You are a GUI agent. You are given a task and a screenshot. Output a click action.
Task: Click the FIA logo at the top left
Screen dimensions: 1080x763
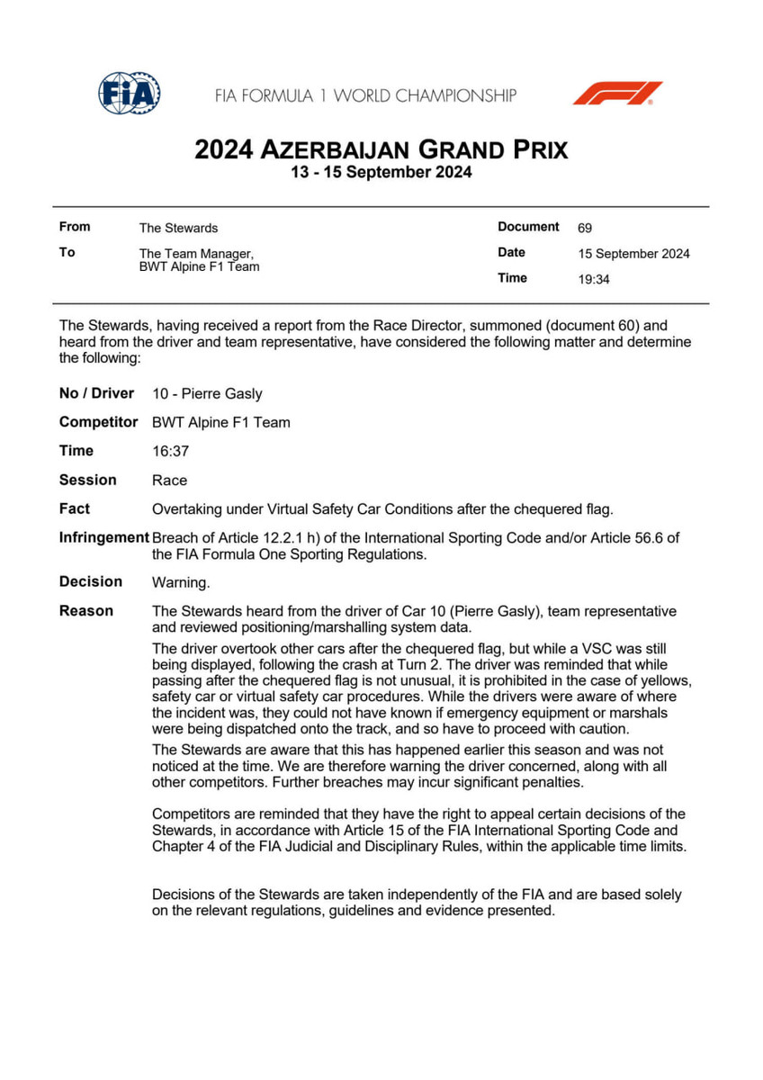click(130, 93)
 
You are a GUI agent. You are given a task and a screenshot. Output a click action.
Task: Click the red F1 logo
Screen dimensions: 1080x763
click(617, 94)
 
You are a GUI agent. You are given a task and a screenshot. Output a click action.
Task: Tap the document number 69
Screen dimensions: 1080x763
click(585, 229)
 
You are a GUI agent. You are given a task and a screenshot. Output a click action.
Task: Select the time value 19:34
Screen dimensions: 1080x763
click(594, 279)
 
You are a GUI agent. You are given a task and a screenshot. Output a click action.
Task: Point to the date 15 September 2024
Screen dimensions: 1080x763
click(633, 254)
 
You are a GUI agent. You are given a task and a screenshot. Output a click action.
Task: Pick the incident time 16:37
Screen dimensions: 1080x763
click(170, 451)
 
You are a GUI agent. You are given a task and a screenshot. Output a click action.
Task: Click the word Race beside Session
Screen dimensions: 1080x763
click(170, 481)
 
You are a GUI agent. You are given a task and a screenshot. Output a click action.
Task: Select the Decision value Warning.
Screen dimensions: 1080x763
click(181, 582)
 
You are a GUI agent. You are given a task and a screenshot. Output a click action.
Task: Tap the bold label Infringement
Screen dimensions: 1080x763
click(103, 537)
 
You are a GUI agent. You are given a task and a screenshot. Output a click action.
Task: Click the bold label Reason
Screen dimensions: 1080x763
click(86, 611)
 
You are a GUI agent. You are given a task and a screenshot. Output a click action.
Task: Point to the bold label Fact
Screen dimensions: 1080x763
click(75, 508)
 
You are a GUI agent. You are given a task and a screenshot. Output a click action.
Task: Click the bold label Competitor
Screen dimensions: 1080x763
click(98, 422)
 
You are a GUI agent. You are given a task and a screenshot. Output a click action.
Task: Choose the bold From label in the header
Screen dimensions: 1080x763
click(75, 227)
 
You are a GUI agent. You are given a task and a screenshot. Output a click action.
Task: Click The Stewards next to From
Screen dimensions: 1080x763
click(178, 229)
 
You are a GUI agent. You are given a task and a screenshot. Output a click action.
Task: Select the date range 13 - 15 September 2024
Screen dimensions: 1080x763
click(381, 173)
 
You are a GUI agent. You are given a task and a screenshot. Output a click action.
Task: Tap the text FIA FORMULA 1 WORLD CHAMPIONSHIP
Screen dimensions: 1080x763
click(365, 95)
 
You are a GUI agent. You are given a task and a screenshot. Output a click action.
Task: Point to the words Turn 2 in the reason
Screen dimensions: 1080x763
click(414, 665)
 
